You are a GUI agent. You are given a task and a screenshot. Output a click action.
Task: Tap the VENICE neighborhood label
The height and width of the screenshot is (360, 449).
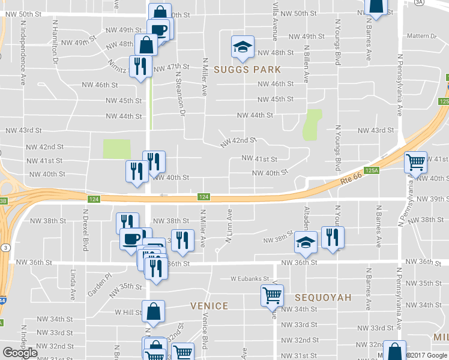tap(209, 305)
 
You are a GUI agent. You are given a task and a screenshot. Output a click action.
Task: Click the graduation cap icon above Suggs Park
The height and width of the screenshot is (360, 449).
tap(243, 47)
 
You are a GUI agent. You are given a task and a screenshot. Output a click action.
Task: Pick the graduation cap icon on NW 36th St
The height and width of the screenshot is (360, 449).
tap(306, 242)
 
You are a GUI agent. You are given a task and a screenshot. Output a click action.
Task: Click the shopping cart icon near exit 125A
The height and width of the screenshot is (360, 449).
tap(415, 161)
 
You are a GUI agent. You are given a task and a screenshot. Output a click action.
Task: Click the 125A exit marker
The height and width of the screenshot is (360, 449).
tap(372, 170)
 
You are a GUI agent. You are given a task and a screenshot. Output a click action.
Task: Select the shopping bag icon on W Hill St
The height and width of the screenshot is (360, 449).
tap(154, 311)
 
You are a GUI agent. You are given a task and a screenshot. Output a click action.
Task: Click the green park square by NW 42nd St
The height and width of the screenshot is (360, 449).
tap(116, 149)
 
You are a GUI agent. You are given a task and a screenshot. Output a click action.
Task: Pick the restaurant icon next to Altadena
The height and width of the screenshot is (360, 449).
tap(331, 237)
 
